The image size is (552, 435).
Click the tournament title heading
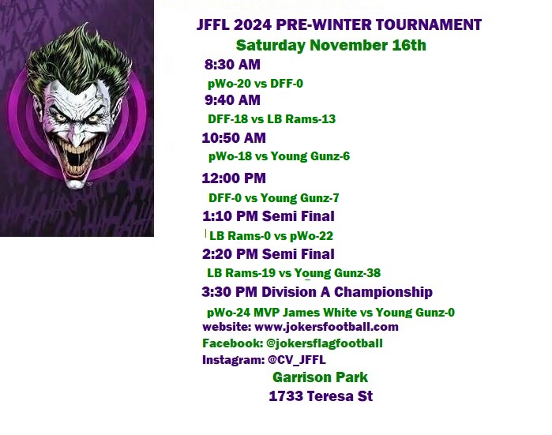click(x=339, y=24)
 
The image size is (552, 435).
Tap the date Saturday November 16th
click(x=331, y=46)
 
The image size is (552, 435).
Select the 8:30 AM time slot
click(x=232, y=65)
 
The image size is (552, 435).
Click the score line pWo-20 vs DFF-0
click(x=255, y=84)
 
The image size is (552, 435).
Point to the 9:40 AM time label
click(x=232, y=100)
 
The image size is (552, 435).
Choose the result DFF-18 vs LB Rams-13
click(x=272, y=119)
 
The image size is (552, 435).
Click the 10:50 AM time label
click(x=234, y=138)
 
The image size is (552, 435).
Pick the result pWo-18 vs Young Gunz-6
click(x=280, y=156)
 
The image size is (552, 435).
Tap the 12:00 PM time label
click(x=234, y=178)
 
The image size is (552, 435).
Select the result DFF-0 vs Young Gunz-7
click(x=274, y=198)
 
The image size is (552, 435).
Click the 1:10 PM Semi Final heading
click(x=268, y=216)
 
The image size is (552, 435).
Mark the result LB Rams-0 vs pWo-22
click(x=271, y=236)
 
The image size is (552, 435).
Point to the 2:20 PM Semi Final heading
click(x=268, y=254)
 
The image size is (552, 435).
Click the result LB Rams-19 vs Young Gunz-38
click(x=294, y=273)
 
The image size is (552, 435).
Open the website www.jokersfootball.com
click(x=326, y=327)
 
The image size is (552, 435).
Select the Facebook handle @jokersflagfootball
click(x=325, y=343)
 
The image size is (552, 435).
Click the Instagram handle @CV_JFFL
click(x=297, y=360)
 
